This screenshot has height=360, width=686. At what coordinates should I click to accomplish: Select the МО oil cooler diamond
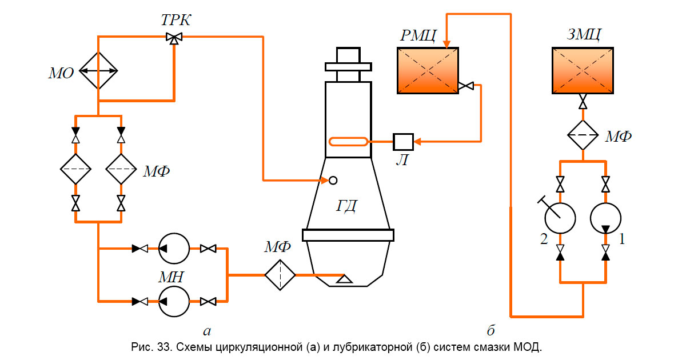(98, 71)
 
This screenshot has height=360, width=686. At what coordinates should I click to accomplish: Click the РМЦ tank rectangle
(428, 70)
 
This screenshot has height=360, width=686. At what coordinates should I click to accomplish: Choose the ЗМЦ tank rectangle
(583, 70)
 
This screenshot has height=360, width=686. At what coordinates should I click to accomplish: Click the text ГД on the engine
(346, 205)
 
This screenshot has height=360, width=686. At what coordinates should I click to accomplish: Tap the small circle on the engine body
(333, 181)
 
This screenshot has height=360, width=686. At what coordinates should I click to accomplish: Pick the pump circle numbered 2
(560, 218)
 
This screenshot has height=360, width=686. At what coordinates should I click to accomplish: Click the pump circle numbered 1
(605, 218)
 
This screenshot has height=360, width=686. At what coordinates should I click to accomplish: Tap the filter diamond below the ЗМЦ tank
(583, 135)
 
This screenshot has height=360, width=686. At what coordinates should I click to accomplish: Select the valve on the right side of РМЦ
(466, 86)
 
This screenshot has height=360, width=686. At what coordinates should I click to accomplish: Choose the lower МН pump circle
(174, 301)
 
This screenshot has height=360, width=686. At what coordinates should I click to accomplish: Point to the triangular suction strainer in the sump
(344, 279)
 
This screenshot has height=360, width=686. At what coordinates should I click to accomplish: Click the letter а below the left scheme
(208, 330)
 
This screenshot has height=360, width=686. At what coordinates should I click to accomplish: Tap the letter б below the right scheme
(490, 330)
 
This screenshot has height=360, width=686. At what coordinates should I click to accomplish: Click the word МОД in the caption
(527, 346)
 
